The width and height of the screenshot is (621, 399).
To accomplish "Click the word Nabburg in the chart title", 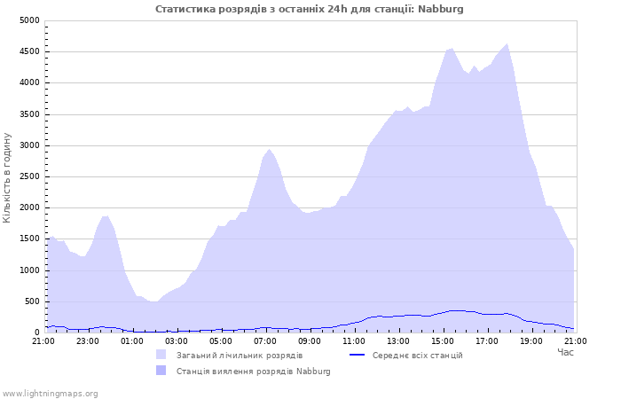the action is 440,9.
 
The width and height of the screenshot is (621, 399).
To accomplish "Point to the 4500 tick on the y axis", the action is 29,51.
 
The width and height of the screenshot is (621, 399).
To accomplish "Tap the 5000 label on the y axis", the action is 29,20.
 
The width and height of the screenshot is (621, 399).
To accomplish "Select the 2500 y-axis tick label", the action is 29,176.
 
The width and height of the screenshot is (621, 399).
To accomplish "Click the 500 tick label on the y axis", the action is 32,301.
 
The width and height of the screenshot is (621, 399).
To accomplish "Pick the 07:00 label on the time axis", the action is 265,341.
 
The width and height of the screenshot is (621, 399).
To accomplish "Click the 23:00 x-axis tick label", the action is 88,341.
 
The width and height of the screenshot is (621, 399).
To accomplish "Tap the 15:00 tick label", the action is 443,341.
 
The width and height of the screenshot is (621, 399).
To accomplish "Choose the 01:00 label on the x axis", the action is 132,341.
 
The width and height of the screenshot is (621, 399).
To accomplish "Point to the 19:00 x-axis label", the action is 531,341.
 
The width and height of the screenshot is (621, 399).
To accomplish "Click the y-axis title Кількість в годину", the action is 7,177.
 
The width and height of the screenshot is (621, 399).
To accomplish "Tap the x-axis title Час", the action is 565,352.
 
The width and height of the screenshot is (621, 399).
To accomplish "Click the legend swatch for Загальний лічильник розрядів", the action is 161,355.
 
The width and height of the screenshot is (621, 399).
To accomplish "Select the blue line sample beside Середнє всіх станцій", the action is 357,355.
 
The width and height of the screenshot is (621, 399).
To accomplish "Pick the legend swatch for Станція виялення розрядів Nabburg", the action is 161,371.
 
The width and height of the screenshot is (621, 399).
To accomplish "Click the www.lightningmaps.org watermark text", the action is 50,394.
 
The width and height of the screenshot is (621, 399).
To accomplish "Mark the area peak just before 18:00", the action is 507,44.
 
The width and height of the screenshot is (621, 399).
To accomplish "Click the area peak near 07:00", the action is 269,149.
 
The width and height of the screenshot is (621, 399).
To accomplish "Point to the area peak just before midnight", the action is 106,215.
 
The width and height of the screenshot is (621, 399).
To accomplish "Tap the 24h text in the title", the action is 337,9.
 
